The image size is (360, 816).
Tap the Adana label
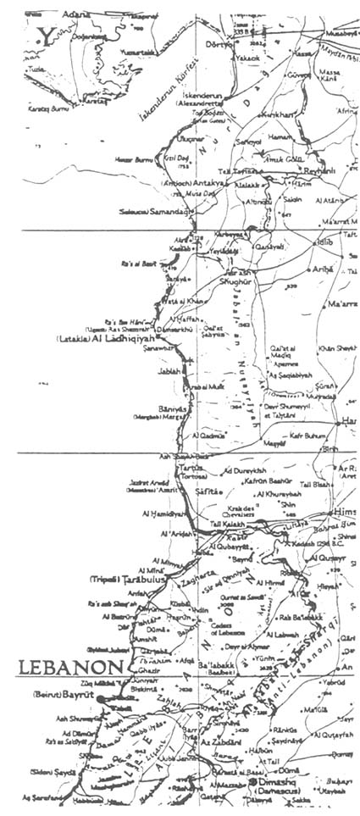tap(71, 14)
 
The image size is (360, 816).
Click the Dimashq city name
tap(276, 785)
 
